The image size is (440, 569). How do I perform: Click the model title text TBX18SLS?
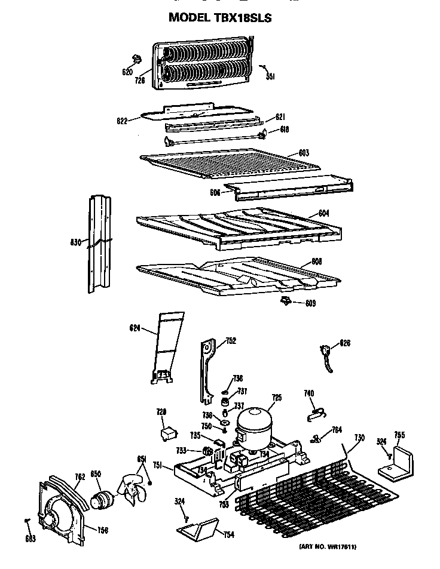(x=220, y=18)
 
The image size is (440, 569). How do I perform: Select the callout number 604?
(x=307, y=213)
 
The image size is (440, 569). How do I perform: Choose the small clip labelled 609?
(x=285, y=302)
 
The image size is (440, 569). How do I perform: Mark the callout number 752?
(x=230, y=342)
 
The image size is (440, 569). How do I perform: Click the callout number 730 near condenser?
(x=359, y=438)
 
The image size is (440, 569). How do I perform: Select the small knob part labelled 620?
(x=137, y=59)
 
